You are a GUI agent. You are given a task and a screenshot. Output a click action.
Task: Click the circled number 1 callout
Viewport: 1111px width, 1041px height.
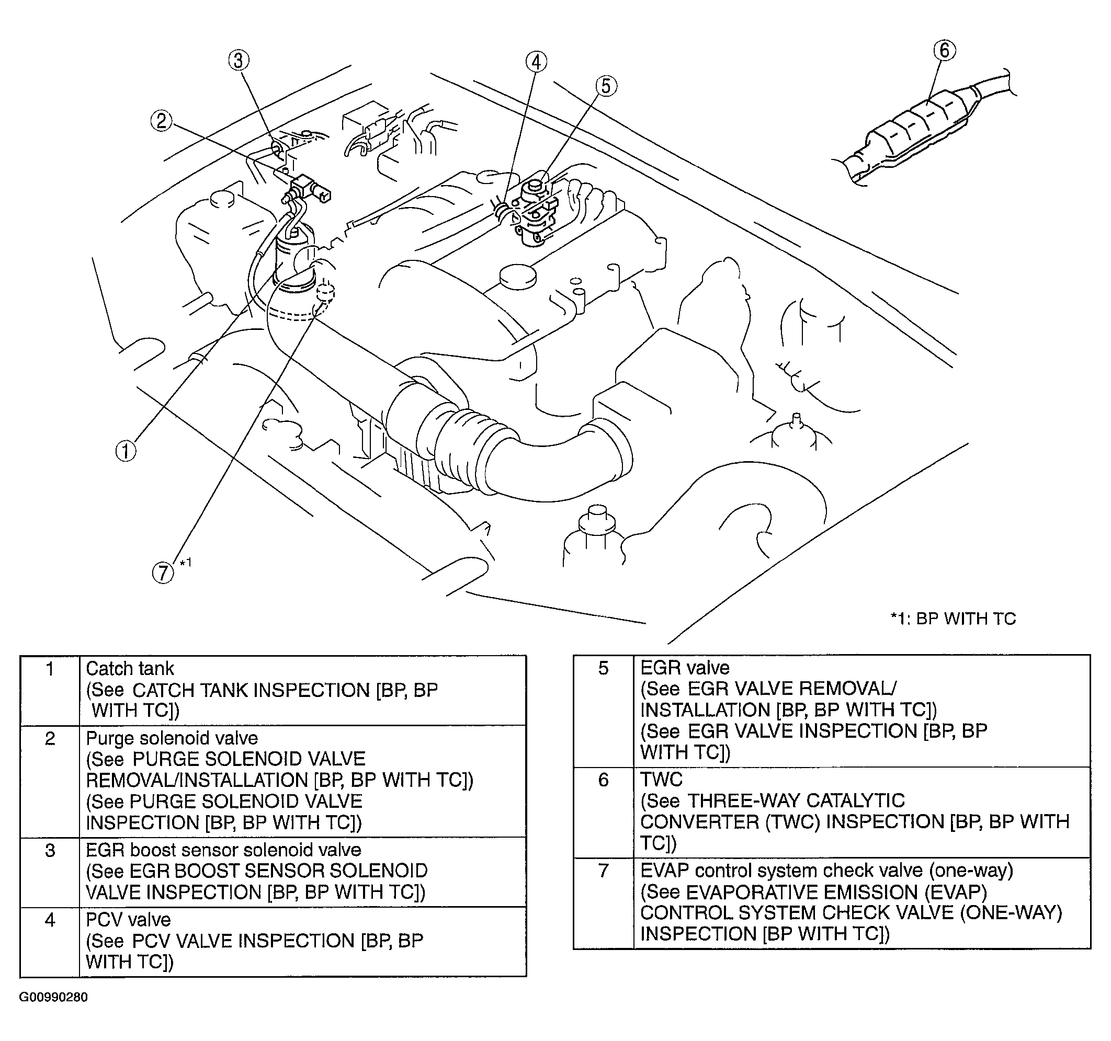click(x=126, y=451)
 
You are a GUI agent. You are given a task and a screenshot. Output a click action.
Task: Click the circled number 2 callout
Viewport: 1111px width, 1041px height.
click(x=162, y=121)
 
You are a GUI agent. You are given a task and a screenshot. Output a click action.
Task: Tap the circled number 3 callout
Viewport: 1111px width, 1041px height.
click(x=239, y=60)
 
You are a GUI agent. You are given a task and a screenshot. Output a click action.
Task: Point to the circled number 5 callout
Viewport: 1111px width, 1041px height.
click(x=606, y=86)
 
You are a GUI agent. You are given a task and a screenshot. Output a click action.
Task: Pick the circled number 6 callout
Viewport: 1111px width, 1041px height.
click(x=945, y=50)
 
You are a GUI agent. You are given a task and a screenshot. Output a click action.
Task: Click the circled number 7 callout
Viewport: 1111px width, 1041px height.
click(x=163, y=573)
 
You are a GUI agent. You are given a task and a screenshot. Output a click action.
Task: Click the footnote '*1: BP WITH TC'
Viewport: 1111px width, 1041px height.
click(x=953, y=619)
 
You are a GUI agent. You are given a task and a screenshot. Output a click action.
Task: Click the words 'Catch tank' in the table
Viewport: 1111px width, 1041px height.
click(x=130, y=669)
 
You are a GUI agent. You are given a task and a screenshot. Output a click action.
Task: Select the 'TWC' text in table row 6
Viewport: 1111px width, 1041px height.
click(x=662, y=779)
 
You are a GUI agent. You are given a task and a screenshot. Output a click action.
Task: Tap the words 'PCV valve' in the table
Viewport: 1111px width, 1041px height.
click(x=128, y=919)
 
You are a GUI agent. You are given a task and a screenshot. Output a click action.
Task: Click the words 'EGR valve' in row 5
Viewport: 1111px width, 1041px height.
click(x=685, y=668)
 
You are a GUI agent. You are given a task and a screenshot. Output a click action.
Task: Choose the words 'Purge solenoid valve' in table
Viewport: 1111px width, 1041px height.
click(x=172, y=738)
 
